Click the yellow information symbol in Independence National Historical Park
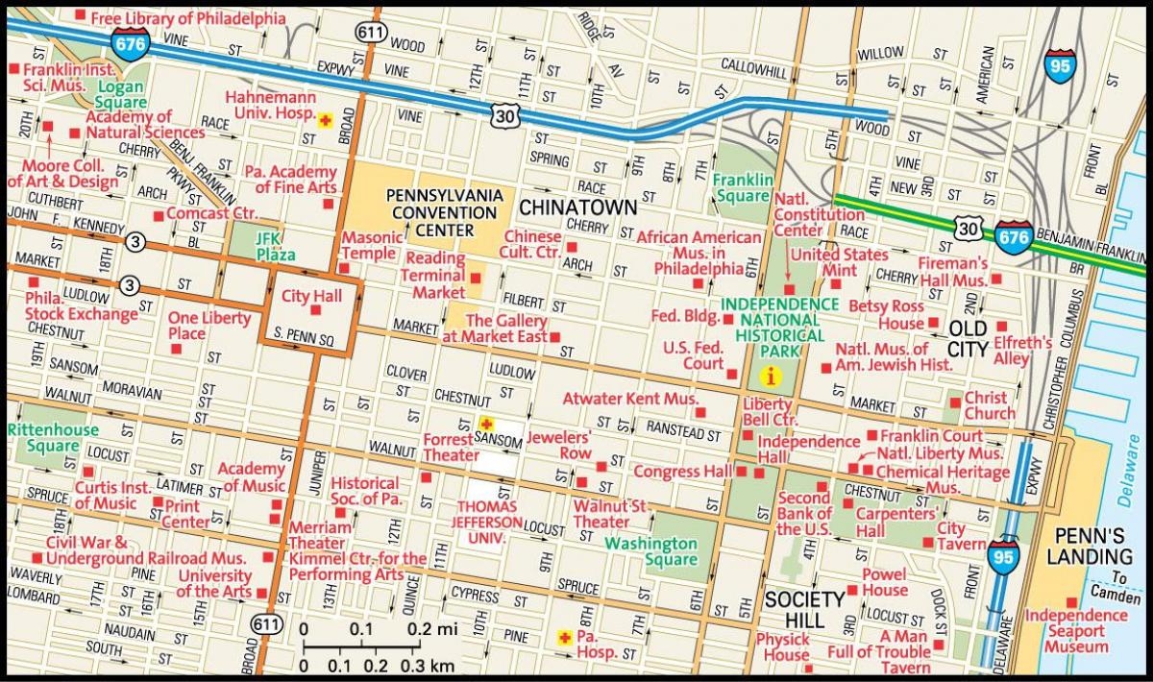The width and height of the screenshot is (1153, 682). pos(769,376)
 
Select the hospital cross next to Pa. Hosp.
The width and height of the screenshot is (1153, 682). pos(565,637)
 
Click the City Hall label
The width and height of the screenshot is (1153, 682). pos(311,296)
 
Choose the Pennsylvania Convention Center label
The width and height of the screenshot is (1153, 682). pos(444,211)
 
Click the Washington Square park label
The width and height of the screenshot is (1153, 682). pos(650,551)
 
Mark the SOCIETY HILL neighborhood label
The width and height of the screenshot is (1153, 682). pos(803,610)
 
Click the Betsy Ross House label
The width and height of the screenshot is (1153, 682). pos(887,316)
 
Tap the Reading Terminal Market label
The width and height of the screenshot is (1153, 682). pos(435,276)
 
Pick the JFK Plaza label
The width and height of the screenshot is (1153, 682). pos(261,246)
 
